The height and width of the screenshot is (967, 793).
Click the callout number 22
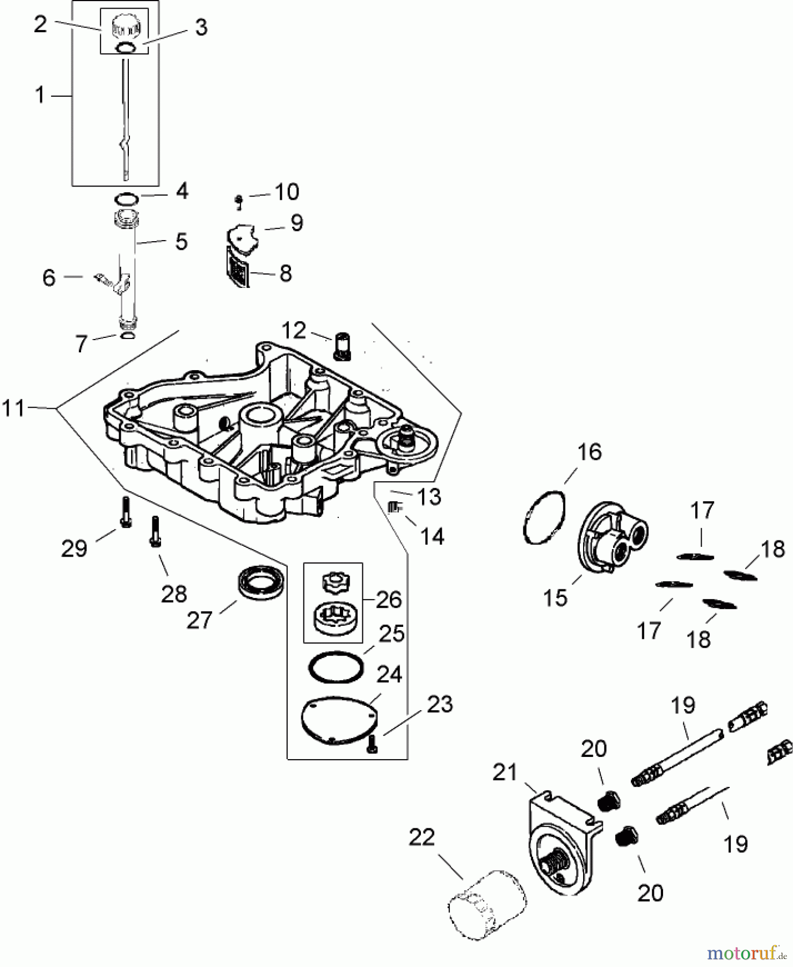(x=421, y=836)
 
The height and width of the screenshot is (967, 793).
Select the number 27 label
(x=200, y=620)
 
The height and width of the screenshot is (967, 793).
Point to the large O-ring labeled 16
(x=544, y=517)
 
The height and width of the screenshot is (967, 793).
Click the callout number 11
(x=14, y=408)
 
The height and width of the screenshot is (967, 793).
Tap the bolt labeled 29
(x=125, y=512)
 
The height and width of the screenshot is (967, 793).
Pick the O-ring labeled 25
(x=336, y=667)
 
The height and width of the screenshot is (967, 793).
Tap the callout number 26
(x=389, y=600)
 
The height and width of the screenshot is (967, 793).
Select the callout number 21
(x=505, y=773)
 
